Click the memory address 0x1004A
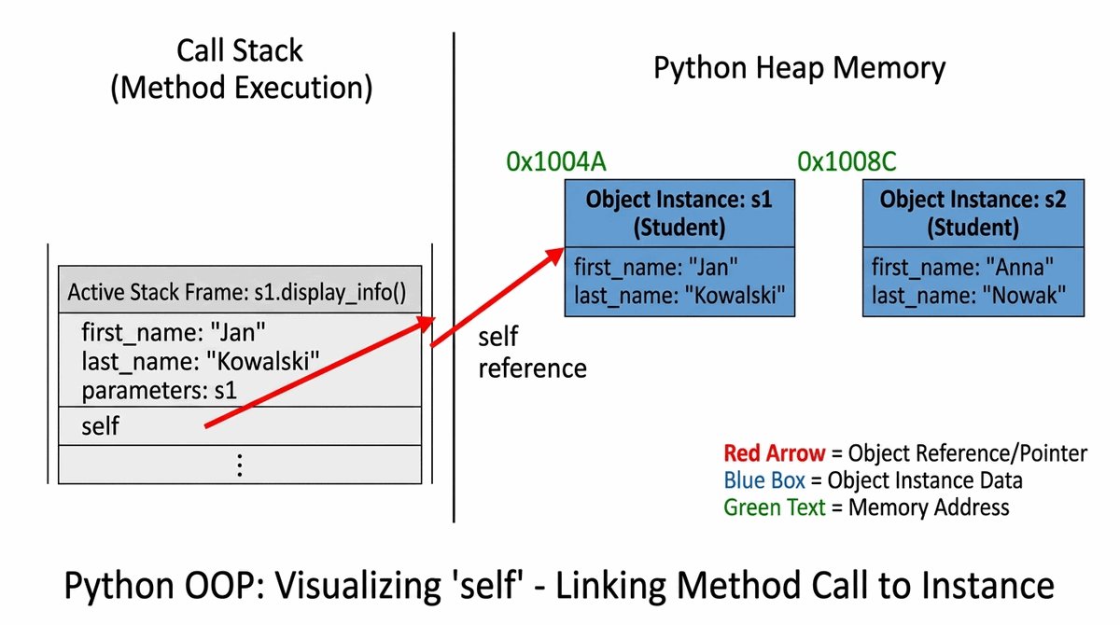[556, 161]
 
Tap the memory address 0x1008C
[847, 161]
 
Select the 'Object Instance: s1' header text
[679, 199]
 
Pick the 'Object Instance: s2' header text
[973, 199]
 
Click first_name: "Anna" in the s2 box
[962, 268]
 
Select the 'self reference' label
[532, 352]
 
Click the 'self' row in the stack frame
[101, 425]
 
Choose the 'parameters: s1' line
[159, 391]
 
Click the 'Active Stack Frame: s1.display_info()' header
[237, 293]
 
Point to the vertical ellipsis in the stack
[240, 465]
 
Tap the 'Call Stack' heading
[240, 50]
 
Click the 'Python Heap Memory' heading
[799, 68]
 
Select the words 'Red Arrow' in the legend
[774, 453]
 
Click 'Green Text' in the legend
[774, 507]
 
